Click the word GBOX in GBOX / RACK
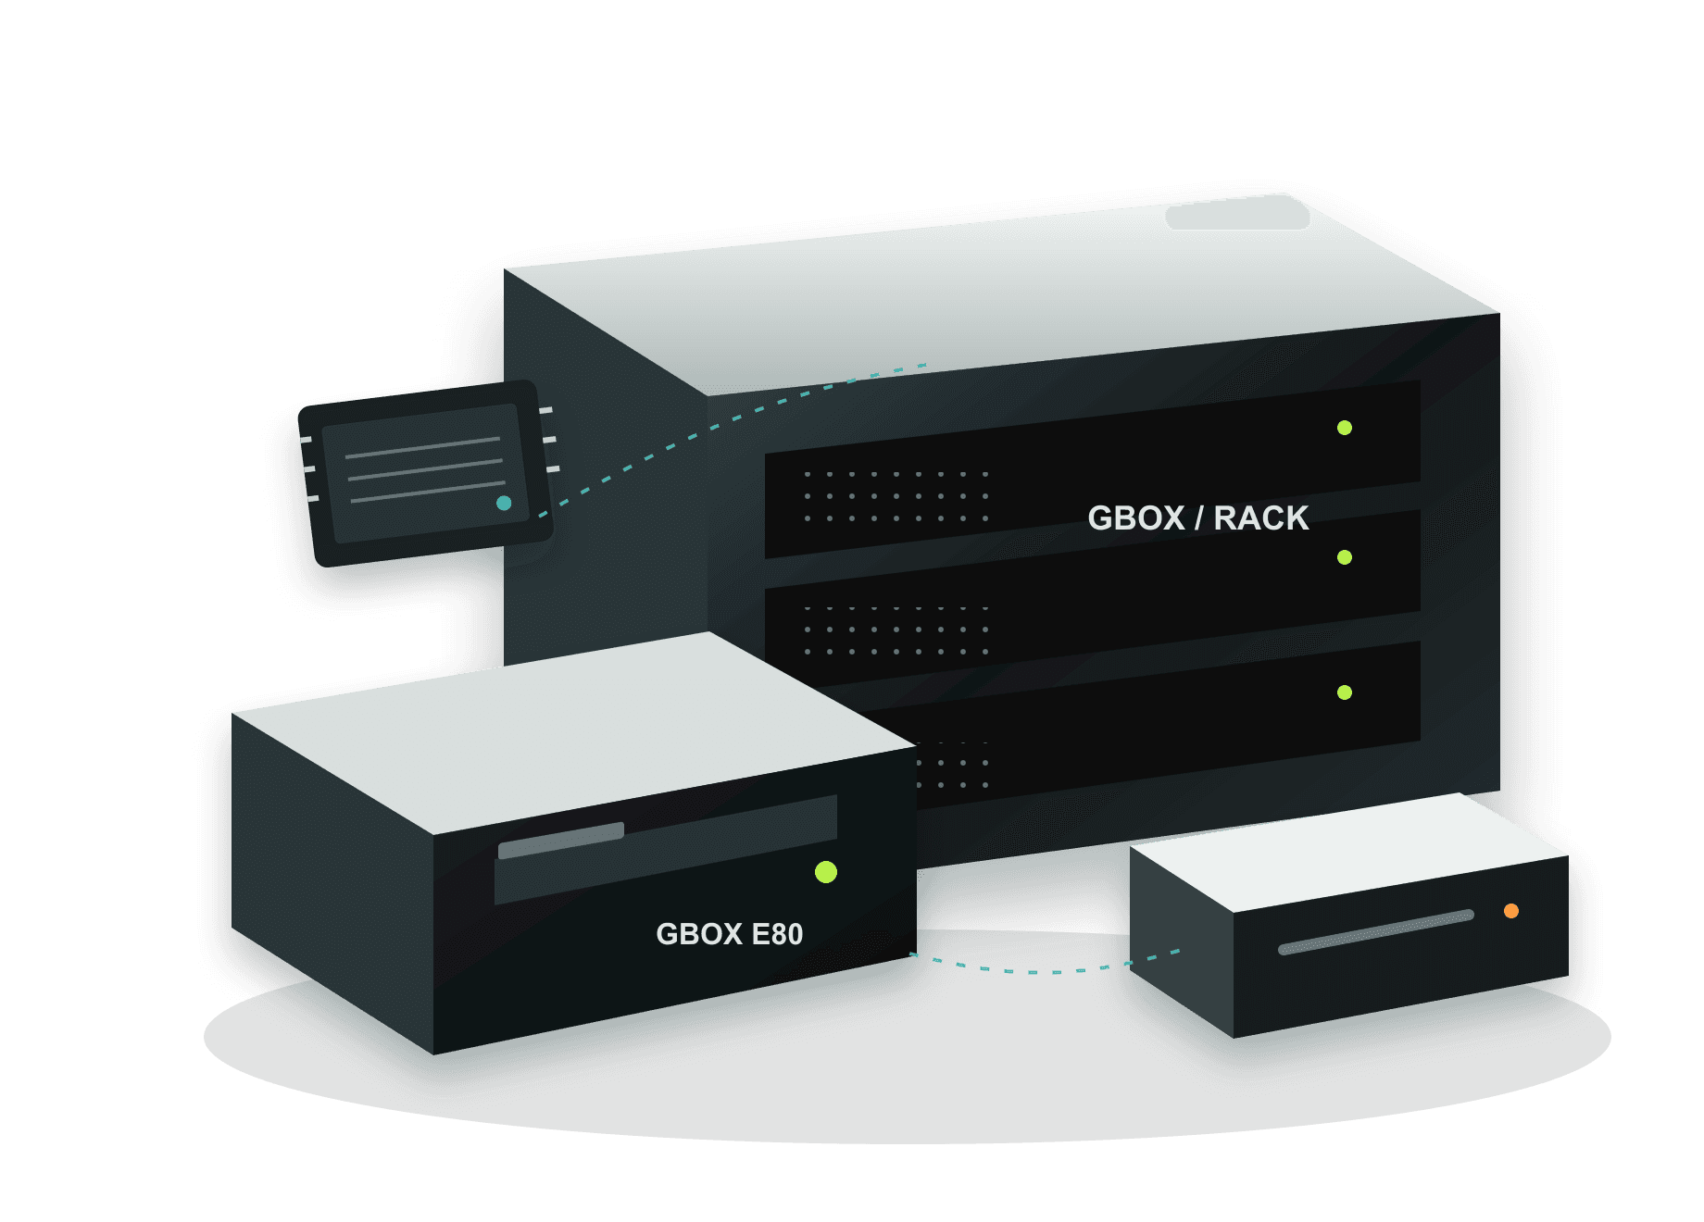1136,517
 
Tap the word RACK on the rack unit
1261,517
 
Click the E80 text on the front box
777,934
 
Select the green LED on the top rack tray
1345,428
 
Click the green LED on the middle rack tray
1345,557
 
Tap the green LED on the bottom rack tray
1345,692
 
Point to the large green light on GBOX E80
826,872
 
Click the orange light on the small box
1511,911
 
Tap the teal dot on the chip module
504,503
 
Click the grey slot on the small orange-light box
1376,932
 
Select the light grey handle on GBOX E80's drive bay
561,841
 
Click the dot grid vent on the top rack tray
896,496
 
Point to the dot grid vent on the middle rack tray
896,630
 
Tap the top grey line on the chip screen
422,448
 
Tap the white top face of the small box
1348,852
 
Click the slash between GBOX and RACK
1199,517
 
